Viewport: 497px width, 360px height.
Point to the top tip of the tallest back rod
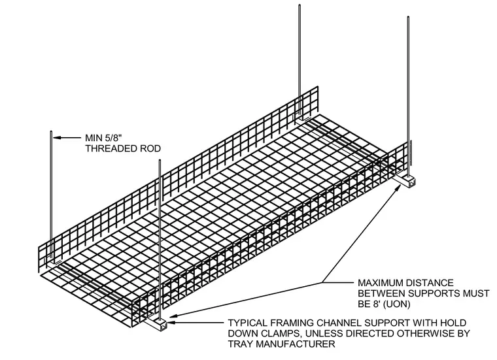tap(300, 5)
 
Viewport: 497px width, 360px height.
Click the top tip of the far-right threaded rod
tap(408, 17)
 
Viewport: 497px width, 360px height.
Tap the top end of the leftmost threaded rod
tap(51, 132)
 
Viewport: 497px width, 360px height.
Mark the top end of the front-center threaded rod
tap(160, 161)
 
